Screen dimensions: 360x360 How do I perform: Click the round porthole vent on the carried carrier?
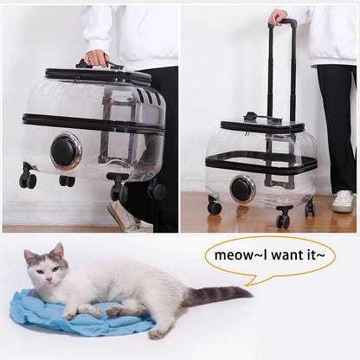pos(66,151)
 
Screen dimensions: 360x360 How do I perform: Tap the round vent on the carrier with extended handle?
pos(243,188)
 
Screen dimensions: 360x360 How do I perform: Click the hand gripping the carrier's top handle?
pos(97,58)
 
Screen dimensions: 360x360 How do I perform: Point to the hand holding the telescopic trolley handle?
pos(279,16)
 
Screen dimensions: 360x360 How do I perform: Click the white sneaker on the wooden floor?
pos(344,202)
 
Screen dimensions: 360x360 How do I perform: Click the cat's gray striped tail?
pos(216,295)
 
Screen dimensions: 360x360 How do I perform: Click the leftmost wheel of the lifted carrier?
pos(28,180)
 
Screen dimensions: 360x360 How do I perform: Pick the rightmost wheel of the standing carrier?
pos(310,208)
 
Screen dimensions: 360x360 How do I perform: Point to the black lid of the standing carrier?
pos(262,126)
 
